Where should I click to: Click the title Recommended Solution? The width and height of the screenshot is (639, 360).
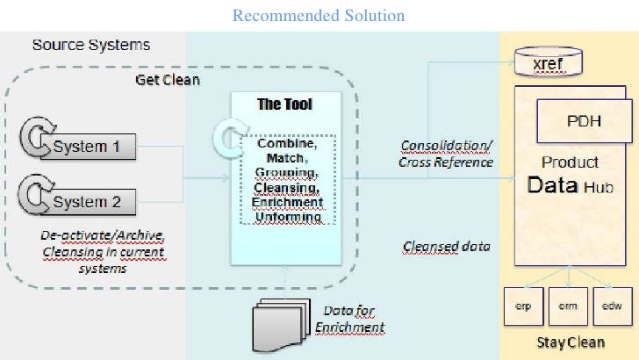(x=319, y=16)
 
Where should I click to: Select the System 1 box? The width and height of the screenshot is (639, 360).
(x=93, y=147)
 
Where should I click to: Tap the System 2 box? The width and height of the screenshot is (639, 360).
(x=93, y=202)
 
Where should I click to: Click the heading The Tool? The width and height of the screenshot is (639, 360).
(x=284, y=104)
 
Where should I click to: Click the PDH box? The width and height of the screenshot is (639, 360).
(x=584, y=121)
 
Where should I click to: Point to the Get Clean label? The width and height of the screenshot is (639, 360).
(x=167, y=80)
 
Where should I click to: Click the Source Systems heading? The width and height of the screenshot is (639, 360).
(x=91, y=44)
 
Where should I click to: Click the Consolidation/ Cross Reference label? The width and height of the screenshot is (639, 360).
(x=446, y=153)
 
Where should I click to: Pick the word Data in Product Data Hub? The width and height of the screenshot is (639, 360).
(x=552, y=185)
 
